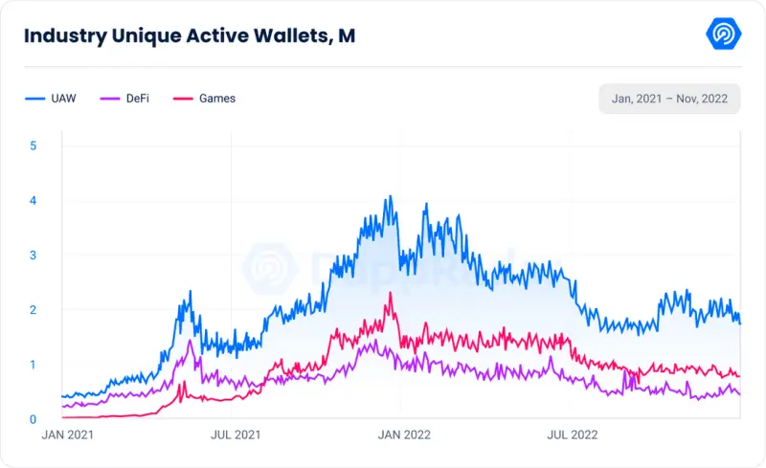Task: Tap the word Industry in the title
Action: tap(65, 36)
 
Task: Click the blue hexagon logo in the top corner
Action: tap(724, 33)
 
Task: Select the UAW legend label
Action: tap(63, 99)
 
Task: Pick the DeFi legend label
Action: tap(138, 99)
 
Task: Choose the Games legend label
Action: tap(217, 99)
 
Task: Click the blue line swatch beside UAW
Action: tap(35, 99)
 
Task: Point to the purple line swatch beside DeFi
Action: tap(110, 99)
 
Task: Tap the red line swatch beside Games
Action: tap(183, 99)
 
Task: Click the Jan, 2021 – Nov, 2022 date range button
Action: tap(669, 99)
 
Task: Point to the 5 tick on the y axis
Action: tap(34, 145)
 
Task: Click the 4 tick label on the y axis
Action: tap(34, 200)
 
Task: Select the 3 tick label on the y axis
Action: tap(34, 255)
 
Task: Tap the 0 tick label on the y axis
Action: tap(34, 419)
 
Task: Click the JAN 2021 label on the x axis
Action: tap(67, 435)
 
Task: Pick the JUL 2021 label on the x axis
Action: tap(236, 435)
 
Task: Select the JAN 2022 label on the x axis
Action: tap(404, 435)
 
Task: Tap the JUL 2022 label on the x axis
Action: tap(573, 435)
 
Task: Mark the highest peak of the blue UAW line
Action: tap(390, 196)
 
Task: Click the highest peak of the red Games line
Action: tap(390, 292)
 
